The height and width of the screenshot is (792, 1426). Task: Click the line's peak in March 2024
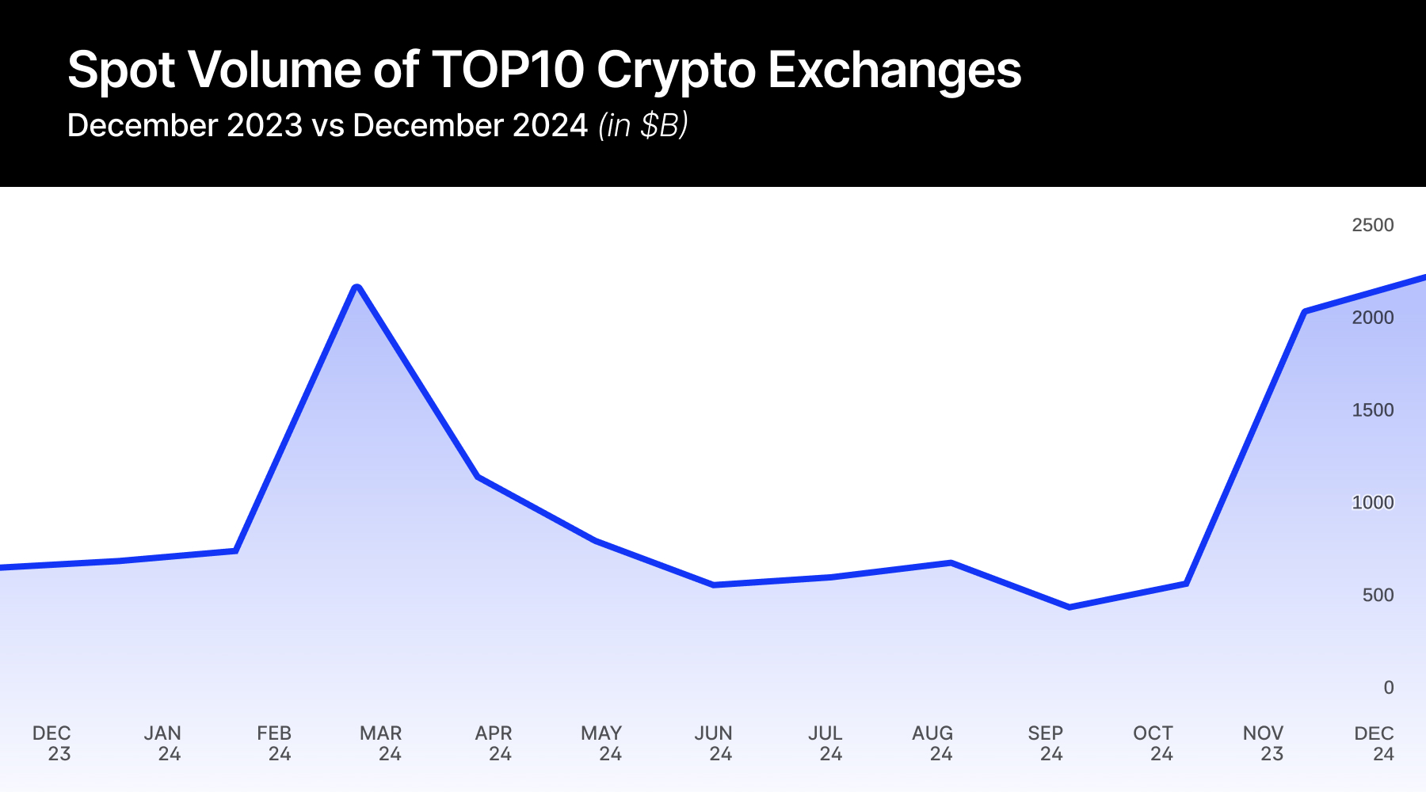(x=357, y=287)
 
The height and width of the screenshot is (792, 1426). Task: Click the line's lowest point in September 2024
(x=1069, y=607)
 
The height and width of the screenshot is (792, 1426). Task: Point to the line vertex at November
(x=1304, y=312)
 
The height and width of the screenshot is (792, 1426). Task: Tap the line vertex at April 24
(x=477, y=477)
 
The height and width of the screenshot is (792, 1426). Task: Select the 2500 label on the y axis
(x=1372, y=225)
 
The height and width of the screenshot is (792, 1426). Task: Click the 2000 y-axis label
(x=1372, y=318)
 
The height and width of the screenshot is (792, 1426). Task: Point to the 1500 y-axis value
(x=1372, y=410)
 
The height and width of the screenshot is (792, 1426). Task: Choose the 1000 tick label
(x=1372, y=503)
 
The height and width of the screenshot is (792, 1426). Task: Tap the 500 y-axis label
(x=1378, y=596)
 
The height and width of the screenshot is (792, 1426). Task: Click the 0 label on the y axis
(x=1388, y=687)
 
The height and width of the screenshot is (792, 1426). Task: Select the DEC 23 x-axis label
(x=52, y=743)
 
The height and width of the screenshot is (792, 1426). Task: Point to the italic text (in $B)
(x=642, y=125)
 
